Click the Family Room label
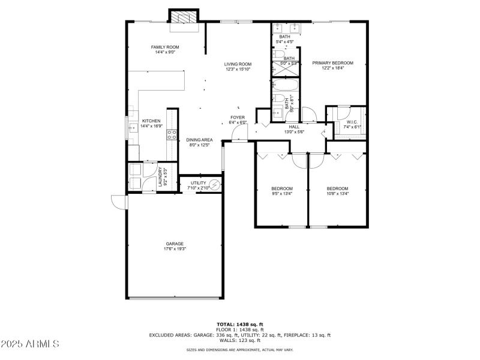[164, 47]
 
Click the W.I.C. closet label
[351, 122]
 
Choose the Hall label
[294, 127]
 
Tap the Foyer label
[238, 117]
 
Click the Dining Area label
[199, 139]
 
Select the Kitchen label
[151, 121]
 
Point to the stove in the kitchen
[172, 135]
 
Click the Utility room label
[198, 183]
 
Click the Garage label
[175, 244]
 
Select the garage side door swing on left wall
[119, 202]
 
